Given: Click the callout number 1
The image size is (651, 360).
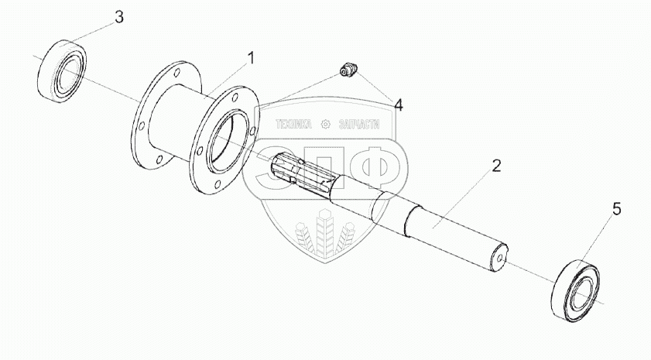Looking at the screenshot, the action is [250, 57].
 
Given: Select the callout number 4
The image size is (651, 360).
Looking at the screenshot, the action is [398, 105].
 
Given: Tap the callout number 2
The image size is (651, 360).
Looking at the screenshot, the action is [496, 165].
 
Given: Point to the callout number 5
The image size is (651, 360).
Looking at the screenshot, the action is [616, 208].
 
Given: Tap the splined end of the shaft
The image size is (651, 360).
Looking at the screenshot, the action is [302, 174].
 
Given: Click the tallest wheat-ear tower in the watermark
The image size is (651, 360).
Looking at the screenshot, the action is [326, 232].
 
